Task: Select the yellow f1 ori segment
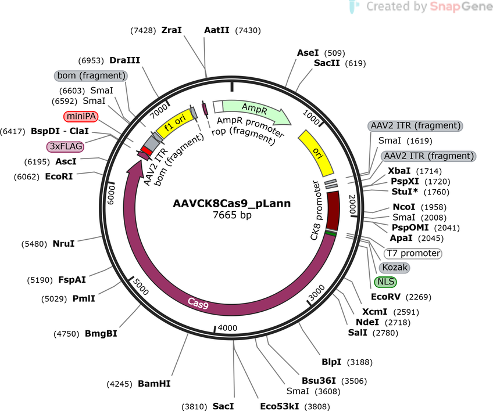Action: pyautogui.click(x=174, y=123)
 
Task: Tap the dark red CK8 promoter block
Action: pyautogui.click(x=333, y=210)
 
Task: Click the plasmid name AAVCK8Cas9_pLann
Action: pyautogui.click(x=232, y=203)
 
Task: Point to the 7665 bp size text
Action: pyautogui.click(x=232, y=215)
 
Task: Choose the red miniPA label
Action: pyautogui.click(x=81, y=116)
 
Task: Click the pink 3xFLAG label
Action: pyautogui.click(x=65, y=146)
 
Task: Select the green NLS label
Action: pyautogui.click(x=385, y=282)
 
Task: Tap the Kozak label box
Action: pyautogui.click(x=395, y=268)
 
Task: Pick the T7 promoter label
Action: pyautogui.click(x=413, y=253)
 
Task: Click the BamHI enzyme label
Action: pyautogui.click(x=154, y=384)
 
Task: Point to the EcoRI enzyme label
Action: pyautogui.click(x=59, y=176)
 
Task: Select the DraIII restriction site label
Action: pyautogui.click(x=125, y=60)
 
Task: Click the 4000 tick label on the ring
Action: pyautogui.click(x=227, y=328)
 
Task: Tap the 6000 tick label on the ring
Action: pyautogui.click(x=112, y=195)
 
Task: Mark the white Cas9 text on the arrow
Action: pyautogui.click(x=198, y=303)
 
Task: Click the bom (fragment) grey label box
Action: pyautogui.click(x=91, y=75)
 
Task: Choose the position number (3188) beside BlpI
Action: pyautogui.click(x=360, y=362)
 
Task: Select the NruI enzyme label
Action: pyautogui.click(x=63, y=244)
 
